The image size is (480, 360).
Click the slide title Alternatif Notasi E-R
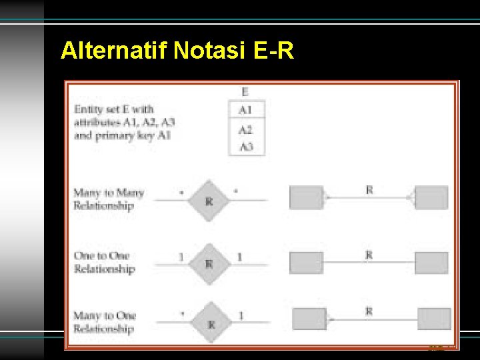177,51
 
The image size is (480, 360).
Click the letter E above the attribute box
246,91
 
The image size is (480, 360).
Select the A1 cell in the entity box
247,109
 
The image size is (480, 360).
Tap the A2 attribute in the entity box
247,129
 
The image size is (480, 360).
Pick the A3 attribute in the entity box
247,146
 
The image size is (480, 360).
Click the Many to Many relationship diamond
209,199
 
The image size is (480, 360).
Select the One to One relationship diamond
209,263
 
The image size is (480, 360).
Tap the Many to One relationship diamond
211,323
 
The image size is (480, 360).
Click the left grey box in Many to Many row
306,197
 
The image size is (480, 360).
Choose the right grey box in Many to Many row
431,197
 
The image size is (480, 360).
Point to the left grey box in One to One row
306,262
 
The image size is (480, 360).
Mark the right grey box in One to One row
431,262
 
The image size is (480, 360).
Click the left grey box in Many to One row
309,319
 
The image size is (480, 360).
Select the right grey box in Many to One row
434,319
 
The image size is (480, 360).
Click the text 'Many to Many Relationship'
108,199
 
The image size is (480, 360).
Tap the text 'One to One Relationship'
103,263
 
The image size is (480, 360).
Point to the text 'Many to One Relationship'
104,322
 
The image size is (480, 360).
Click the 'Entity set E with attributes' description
125,121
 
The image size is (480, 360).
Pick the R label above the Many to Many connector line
369,190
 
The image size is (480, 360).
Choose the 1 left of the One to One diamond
181,257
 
